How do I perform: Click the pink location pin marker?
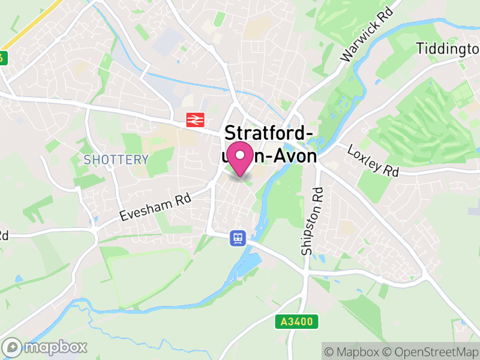241,158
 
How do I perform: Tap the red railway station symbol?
193,119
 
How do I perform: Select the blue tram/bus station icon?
238,238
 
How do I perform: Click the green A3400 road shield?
296,322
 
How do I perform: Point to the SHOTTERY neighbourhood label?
116,160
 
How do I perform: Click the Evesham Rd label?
155,207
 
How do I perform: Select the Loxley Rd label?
373,161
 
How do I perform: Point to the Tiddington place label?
448,49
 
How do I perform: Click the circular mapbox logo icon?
12,347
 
